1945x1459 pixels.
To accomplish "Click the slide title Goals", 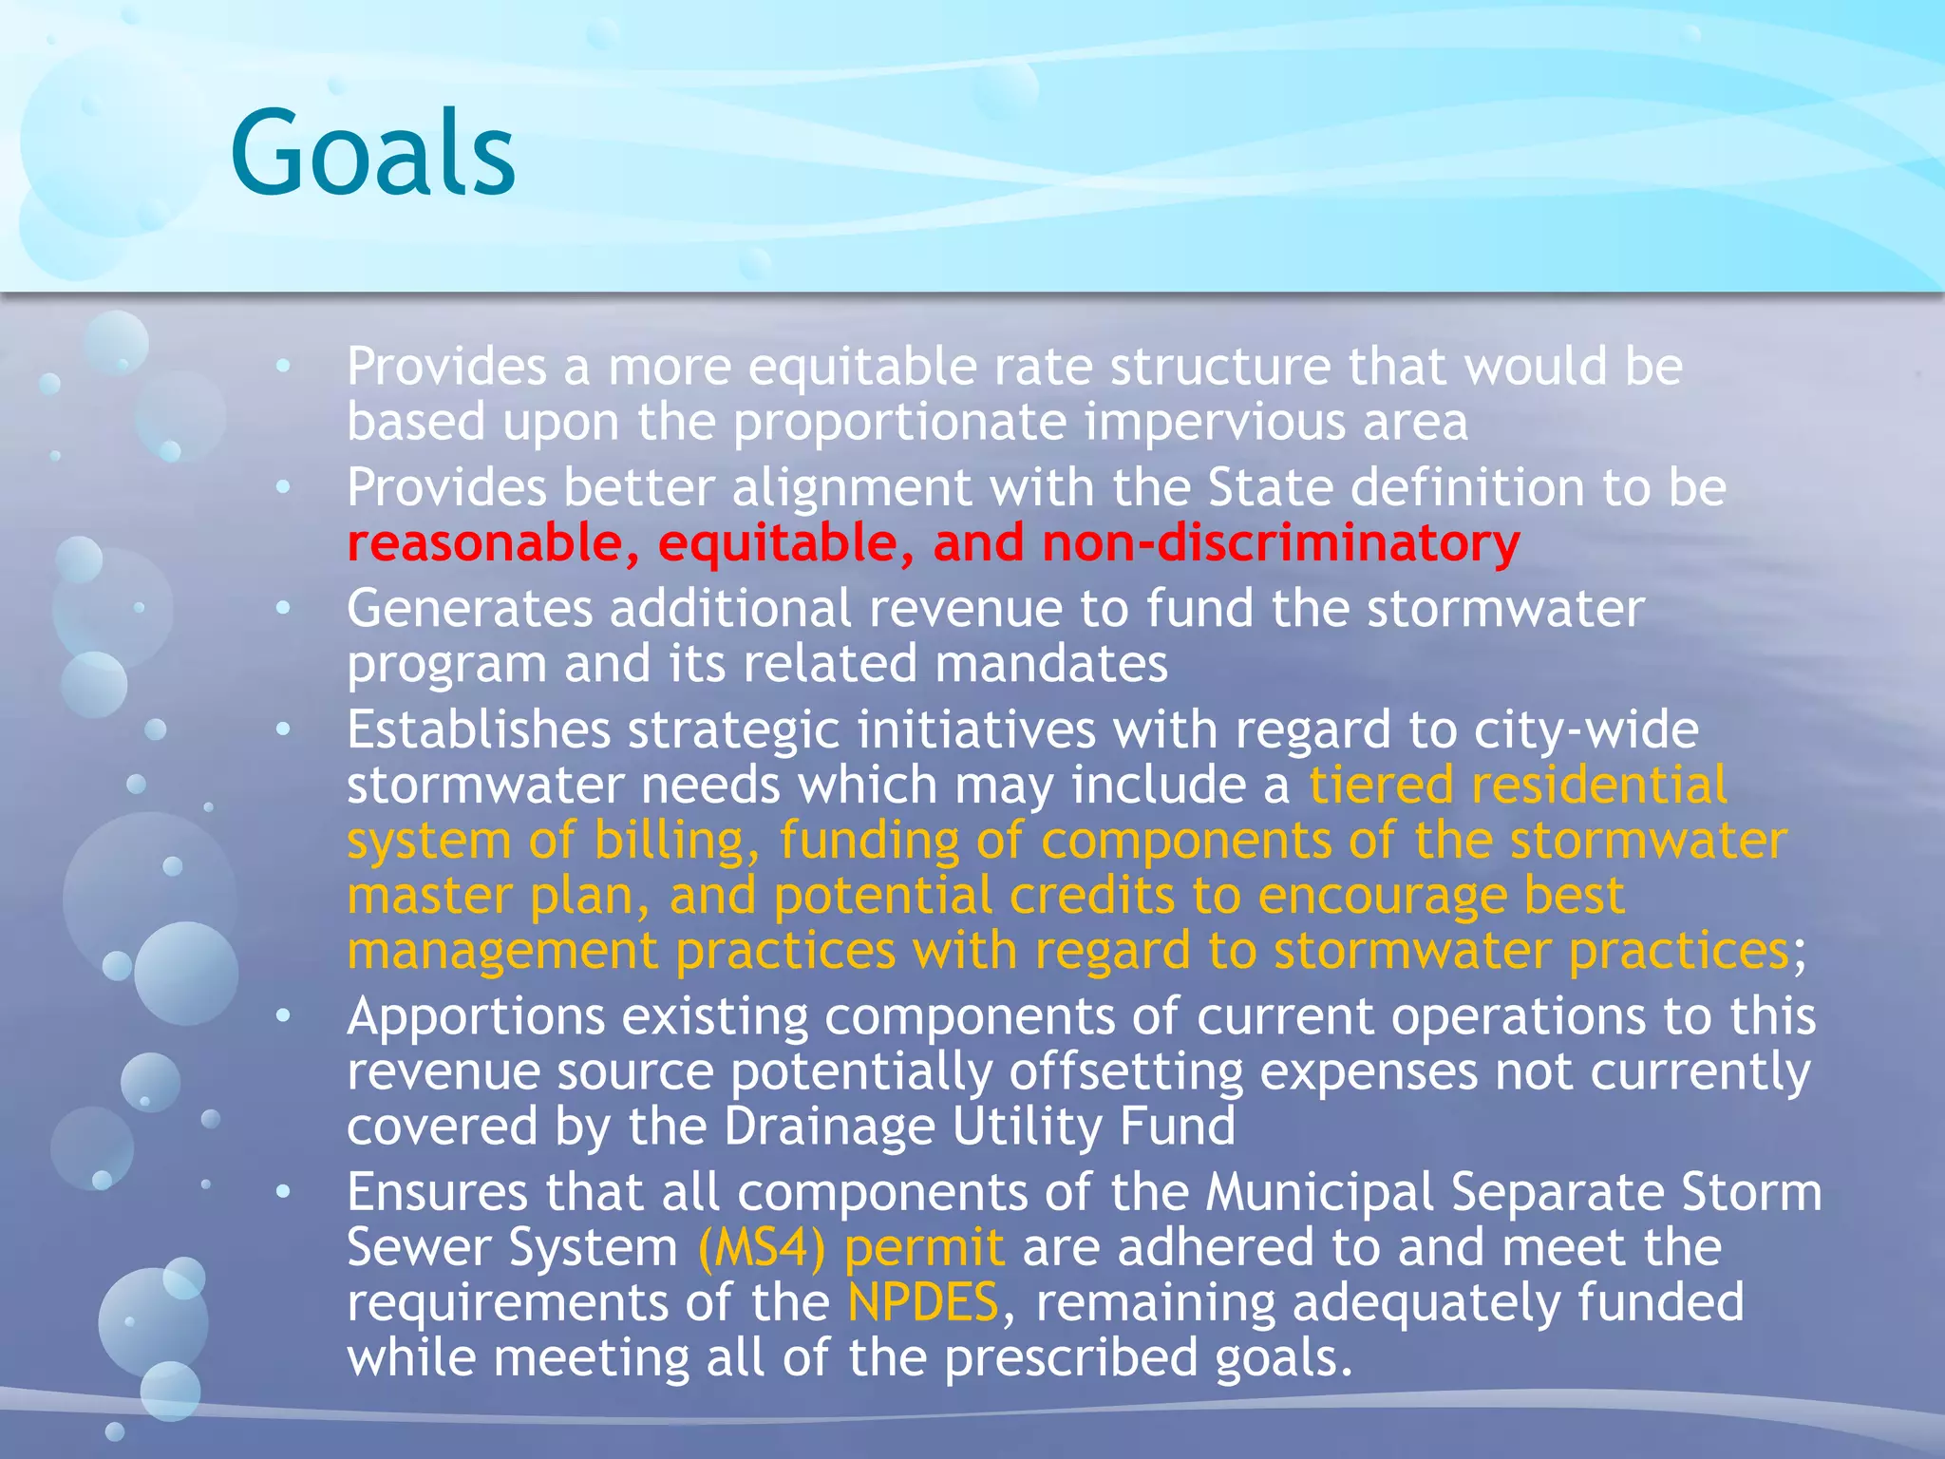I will click(372, 152).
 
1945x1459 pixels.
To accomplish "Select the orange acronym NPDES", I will click(922, 1302).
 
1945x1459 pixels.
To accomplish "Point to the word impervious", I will click(1215, 421).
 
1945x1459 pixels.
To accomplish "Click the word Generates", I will click(469, 608).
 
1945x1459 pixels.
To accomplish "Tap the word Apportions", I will click(476, 1016).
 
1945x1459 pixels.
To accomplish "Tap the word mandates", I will click(1051, 663).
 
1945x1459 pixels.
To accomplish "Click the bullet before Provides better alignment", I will click(283, 487).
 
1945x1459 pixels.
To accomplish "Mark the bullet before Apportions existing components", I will click(283, 1016).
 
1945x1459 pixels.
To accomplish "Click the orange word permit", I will click(924, 1247).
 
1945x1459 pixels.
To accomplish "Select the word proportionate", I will click(899, 421).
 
